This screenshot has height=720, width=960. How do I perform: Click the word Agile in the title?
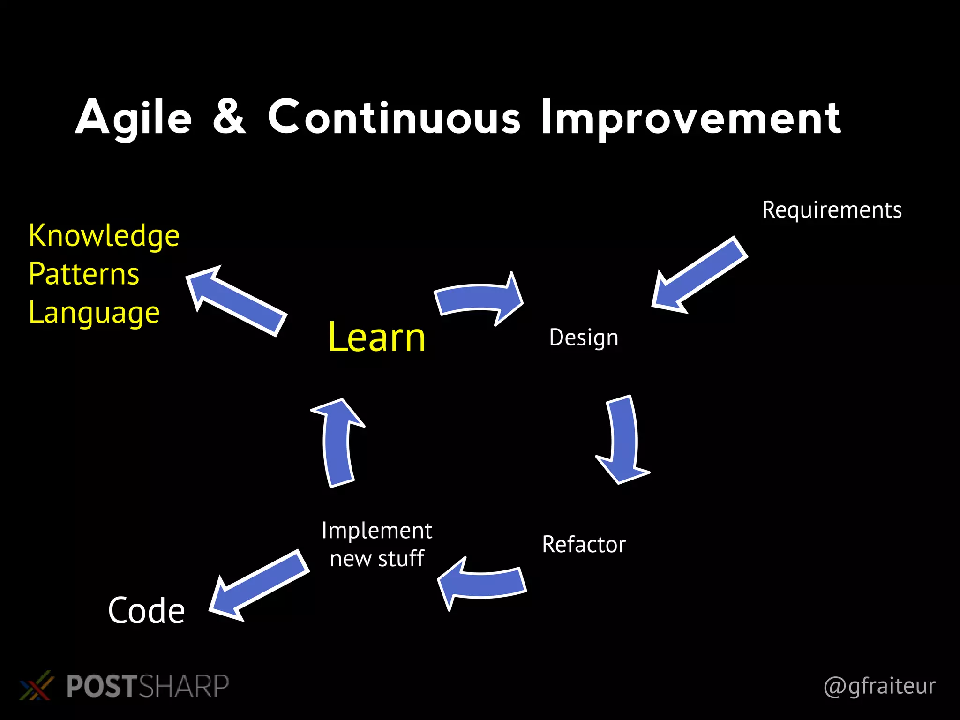134,118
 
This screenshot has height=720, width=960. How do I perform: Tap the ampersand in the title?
229,117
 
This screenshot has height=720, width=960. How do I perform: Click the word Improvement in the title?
690,118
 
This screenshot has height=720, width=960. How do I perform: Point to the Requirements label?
832,210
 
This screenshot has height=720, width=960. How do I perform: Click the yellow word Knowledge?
104,235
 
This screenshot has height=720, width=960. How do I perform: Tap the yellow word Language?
94,313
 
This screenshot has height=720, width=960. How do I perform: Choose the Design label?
584,337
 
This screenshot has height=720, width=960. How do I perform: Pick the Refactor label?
584,544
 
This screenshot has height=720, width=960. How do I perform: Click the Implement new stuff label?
377,544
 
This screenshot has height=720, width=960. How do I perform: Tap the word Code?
146,611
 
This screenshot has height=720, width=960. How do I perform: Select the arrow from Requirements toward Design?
698,277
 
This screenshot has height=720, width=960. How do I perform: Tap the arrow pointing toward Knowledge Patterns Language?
237,300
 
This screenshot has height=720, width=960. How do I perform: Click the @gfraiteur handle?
879,686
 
